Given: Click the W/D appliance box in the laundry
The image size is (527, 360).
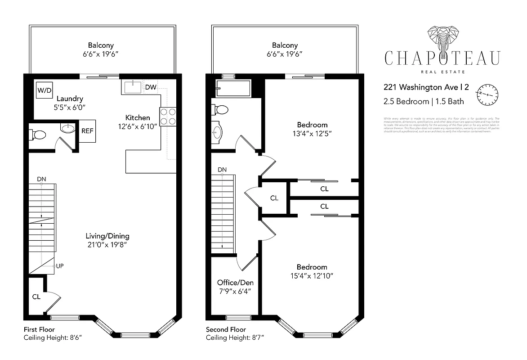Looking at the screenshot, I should pos(45,90).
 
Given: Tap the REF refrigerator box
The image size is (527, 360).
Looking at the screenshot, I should pos(87,131).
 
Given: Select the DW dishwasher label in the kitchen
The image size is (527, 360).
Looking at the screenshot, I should pos(151,87).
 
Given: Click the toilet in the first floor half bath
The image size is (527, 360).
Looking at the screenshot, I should pos(38,135).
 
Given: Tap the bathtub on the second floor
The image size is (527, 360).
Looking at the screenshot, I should pos(233,88).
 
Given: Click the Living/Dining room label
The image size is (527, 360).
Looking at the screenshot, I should pos(107,236).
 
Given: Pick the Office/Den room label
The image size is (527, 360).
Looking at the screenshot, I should pos(235,283).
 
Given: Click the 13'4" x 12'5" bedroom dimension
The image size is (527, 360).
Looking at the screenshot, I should pos(312,133).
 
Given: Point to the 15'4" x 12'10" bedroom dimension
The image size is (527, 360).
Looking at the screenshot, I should pos(312,275).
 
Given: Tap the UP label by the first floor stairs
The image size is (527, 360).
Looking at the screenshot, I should pos(59,266).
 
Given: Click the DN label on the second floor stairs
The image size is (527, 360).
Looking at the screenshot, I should pos(222,170).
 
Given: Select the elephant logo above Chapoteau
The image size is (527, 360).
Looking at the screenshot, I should pos(442,39).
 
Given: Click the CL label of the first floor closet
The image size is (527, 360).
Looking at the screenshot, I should pos(36,297).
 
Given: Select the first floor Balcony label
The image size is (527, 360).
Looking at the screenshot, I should pos(101,45).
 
